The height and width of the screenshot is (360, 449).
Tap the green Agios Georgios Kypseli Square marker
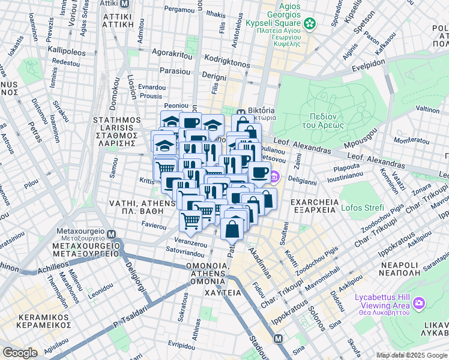coord(310,24)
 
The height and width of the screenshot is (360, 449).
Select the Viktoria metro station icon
coord(241,112)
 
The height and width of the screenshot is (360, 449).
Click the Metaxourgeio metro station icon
coord(110,233)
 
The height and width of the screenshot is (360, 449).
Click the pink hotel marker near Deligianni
coord(274,176)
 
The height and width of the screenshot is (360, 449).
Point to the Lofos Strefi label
coord(362,208)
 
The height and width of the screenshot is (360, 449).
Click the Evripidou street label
coord(182,344)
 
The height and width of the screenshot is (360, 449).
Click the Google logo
coord(20,353)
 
